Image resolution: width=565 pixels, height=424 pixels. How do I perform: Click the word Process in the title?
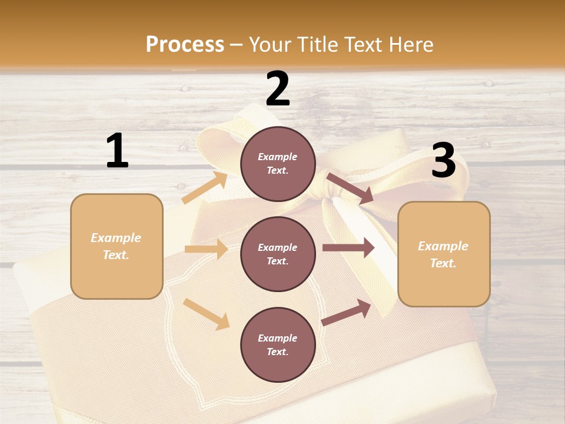tap(185, 44)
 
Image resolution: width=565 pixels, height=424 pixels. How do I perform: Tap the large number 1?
tap(117, 151)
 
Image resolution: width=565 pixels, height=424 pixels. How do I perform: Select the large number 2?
tap(278, 89)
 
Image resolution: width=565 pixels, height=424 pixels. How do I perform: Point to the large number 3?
tap(443, 160)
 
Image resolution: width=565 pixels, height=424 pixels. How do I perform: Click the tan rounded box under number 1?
tap(117, 246)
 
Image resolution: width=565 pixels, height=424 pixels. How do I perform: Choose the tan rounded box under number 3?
tap(444, 254)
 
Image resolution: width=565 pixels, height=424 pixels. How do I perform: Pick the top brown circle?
tap(278, 164)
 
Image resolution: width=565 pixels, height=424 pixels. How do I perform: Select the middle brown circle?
tap(278, 254)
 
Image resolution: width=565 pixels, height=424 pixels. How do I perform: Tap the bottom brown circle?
tap(278, 344)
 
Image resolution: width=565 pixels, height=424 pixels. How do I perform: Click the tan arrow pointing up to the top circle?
tap(204, 187)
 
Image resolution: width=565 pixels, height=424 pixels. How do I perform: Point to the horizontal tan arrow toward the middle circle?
tap(206, 249)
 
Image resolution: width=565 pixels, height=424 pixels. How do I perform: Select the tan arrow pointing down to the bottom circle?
tap(206, 314)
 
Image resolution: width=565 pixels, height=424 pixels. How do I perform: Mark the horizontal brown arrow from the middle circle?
tap(348, 248)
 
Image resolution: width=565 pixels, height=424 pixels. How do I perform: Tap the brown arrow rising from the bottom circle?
tap(347, 312)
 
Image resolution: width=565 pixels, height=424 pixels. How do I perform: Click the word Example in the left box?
tap(116, 238)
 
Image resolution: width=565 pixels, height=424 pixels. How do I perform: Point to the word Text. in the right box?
tap(443, 263)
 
